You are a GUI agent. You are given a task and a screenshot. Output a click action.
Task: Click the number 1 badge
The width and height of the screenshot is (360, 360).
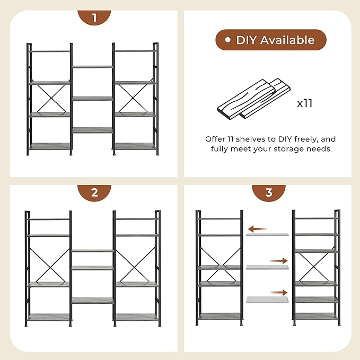click(94, 17)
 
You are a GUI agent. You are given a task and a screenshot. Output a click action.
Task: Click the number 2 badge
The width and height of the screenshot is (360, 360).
click(94, 192)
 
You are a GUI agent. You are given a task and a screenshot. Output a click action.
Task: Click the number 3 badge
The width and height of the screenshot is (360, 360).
click(268, 192)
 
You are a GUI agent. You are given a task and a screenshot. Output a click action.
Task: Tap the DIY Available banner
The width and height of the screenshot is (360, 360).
click(270, 40)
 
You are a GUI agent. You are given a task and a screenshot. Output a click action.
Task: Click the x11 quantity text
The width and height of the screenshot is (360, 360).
click(304, 103)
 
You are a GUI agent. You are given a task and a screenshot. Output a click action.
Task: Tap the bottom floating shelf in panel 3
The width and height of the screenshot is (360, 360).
click(267, 298)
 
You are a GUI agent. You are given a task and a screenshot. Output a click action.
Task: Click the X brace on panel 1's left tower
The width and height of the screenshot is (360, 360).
click(50, 99)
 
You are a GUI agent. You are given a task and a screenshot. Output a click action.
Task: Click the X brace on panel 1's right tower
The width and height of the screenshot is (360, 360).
click(135, 99)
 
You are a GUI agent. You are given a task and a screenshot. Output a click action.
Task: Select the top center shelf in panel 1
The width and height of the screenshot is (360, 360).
click(92, 67)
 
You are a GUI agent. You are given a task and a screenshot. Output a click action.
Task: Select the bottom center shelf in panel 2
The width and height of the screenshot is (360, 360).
click(92, 300)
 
